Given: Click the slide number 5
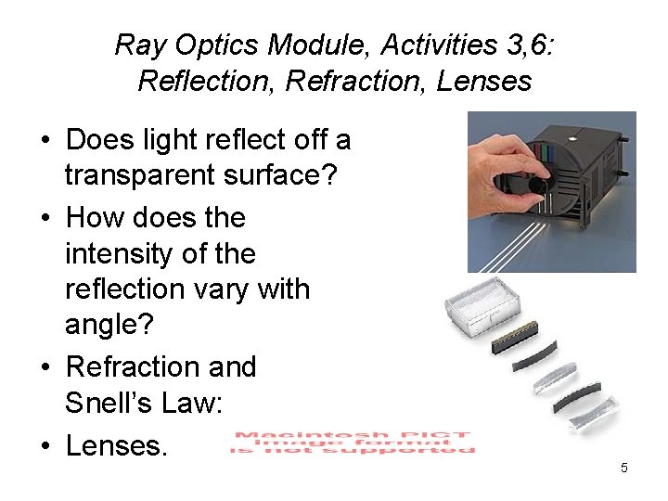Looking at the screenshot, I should [x=623, y=468].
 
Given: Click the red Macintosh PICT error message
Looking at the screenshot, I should [x=352, y=443].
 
